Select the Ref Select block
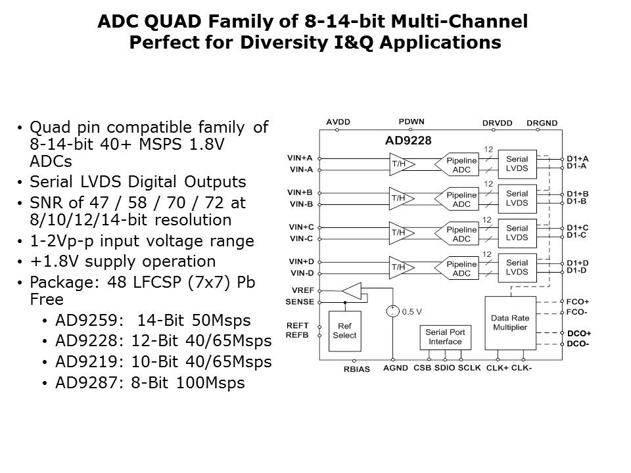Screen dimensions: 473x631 click(x=344, y=330)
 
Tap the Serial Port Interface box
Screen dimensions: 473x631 click(x=445, y=337)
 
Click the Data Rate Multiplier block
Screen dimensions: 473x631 click(x=509, y=323)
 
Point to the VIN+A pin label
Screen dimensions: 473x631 click(x=300, y=158)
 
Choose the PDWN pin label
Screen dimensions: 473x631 click(x=411, y=122)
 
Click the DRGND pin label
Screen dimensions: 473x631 click(x=542, y=122)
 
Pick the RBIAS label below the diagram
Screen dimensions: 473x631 click(x=356, y=369)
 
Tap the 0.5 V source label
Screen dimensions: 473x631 click(x=412, y=311)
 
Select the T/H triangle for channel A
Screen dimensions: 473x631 click(x=398, y=164)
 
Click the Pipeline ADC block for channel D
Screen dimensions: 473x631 click(x=461, y=269)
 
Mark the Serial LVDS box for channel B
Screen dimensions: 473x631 click(x=517, y=198)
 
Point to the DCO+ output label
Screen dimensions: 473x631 click(x=578, y=333)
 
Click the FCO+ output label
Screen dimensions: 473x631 click(x=578, y=302)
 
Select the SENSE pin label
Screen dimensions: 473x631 click(x=300, y=302)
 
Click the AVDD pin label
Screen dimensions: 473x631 click(x=338, y=122)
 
